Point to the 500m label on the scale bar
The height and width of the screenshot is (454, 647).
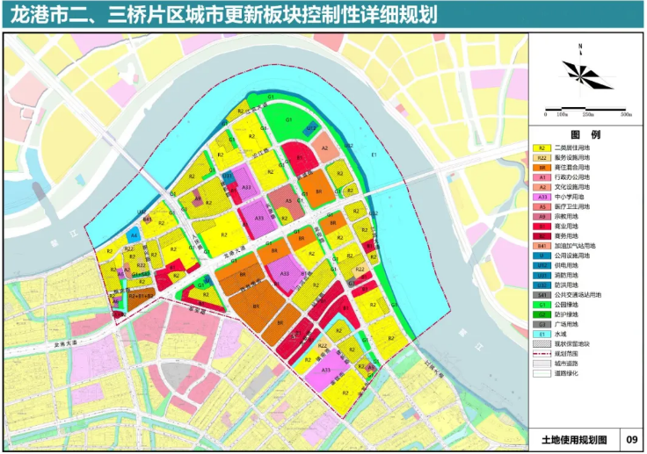pyautogui.click(x=626, y=114)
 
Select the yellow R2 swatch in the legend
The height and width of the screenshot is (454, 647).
pyautogui.click(x=542, y=148)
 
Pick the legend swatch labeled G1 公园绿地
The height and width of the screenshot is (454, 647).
pyautogui.click(x=542, y=305)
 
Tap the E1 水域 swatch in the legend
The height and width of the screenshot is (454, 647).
pyautogui.click(x=542, y=334)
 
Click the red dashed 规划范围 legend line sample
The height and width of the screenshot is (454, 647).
pyautogui.click(x=542, y=353)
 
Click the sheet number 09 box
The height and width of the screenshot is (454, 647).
pyautogui.click(x=631, y=439)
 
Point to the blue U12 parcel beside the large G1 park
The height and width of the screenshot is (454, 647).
pyautogui.click(x=312, y=130)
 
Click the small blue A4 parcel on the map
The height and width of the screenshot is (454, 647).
pyautogui.click(x=133, y=234)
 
